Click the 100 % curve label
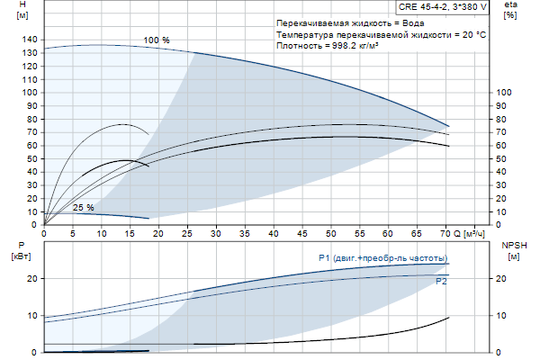pos(156,40)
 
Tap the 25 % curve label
pos(83,208)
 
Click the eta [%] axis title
pos(510,12)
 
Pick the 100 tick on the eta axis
pos(506,93)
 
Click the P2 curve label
pos(441,282)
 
